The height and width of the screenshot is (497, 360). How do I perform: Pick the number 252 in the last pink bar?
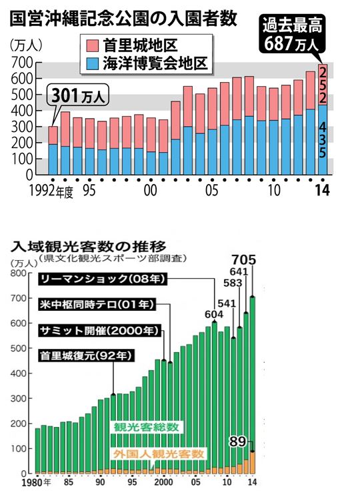pyautogui.click(x=323, y=84)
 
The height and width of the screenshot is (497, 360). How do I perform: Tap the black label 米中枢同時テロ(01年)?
pyautogui.click(x=97, y=304)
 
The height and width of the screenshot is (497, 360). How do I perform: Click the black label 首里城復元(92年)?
pyautogui.click(x=87, y=355)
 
